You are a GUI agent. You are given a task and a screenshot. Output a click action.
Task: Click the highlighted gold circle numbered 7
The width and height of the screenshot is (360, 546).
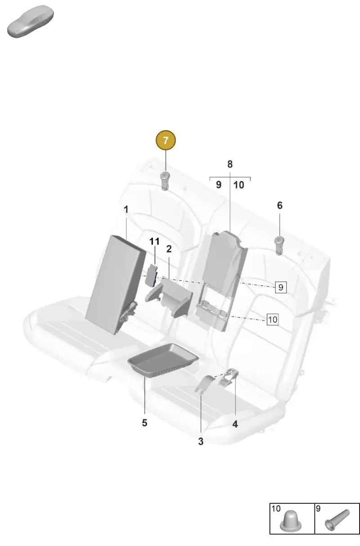pos(166,140)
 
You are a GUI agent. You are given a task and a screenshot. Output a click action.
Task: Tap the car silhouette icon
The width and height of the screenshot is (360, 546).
pos(31,22)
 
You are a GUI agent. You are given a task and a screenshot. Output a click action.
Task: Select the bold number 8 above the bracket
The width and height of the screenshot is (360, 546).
pos(230,164)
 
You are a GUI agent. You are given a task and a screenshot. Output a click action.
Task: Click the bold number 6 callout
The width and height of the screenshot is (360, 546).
pos(279,205)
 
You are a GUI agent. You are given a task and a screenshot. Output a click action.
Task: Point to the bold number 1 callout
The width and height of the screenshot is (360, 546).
pos(126,209)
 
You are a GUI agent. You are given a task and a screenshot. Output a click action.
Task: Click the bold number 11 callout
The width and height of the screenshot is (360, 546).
pos(154,241)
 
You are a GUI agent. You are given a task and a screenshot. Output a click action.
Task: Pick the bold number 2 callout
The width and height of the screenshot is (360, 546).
pos(169,249)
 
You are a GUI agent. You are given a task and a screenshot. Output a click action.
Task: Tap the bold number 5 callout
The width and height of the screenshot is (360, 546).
pos(144,423)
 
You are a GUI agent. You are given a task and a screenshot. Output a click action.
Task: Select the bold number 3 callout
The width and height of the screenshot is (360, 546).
pos(201,441)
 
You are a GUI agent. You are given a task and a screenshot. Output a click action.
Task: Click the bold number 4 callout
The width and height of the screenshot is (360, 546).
pos(235,424)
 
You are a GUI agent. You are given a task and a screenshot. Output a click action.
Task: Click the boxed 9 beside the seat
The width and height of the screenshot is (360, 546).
pos(281,287)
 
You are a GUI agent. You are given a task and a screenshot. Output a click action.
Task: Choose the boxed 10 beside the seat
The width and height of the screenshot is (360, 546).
pos(273,320)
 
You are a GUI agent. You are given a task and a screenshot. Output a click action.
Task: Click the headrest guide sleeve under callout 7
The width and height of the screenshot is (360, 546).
pos(165,180)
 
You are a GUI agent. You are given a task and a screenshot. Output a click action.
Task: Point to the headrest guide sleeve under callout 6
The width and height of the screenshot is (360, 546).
pos(279,246)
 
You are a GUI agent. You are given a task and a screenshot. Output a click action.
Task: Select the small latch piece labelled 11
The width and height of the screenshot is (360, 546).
pos(151,275)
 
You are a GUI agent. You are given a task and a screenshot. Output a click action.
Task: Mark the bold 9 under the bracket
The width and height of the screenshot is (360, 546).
pos(219,185)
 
